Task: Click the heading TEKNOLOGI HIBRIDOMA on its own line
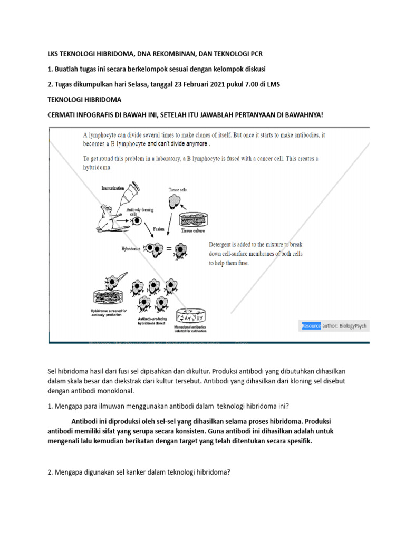pyautogui.click(x=85, y=100)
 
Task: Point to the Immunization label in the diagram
pyautogui.click(x=112, y=187)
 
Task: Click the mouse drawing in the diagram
pyautogui.click(x=114, y=216)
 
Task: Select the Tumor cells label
pyautogui.click(x=177, y=189)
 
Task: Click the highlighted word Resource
pyautogui.click(x=311, y=326)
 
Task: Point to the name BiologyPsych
pyautogui.click(x=353, y=326)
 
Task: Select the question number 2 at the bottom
pyautogui.click(x=50, y=472)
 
